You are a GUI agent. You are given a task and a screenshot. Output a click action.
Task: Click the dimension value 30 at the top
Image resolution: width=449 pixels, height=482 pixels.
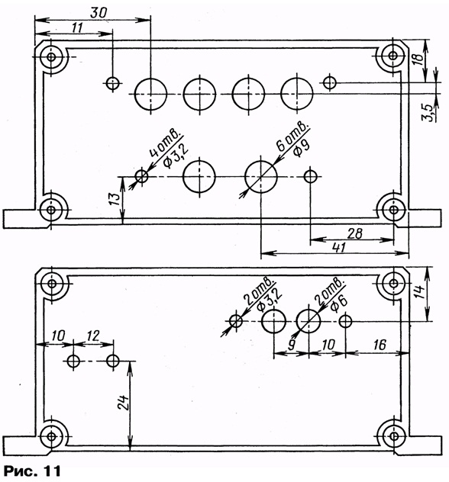pyautogui.click(x=99, y=13)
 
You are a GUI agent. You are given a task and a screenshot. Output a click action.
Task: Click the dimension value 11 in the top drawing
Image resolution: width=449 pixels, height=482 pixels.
pyautogui.click(x=77, y=27)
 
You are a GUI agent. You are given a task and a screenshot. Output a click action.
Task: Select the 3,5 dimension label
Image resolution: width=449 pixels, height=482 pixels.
pyautogui.click(x=431, y=113)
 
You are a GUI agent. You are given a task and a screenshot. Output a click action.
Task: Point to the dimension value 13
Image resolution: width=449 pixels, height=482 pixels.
pyautogui.click(x=115, y=200)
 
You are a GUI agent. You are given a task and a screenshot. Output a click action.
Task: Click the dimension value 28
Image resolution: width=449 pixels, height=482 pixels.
pyautogui.click(x=354, y=233)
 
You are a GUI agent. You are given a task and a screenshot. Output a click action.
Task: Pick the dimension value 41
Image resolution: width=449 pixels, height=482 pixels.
pyautogui.click(x=339, y=247)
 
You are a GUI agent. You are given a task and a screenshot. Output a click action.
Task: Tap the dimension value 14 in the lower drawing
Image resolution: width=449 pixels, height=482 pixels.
pyautogui.click(x=419, y=291)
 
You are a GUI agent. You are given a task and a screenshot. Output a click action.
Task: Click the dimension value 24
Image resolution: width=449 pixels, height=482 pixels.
pyautogui.click(x=124, y=403)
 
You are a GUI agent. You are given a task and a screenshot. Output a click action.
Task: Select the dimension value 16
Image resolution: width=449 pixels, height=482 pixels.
pyautogui.click(x=379, y=345)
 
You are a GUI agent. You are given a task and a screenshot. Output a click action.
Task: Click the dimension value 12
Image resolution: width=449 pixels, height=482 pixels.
pyautogui.click(x=92, y=336)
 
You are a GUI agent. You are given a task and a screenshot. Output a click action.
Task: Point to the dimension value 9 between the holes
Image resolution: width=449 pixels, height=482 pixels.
pyautogui.click(x=292, y=345)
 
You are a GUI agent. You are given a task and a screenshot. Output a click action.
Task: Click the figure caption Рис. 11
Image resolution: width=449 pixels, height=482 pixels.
pyautogui.click(x=32, y=471)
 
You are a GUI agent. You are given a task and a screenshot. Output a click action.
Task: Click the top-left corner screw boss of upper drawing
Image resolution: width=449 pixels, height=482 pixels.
pyautogui.click(x=51, y=57)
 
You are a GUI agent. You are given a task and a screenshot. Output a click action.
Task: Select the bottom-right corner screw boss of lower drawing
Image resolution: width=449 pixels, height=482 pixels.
pyautogui.click(x=394, y=436)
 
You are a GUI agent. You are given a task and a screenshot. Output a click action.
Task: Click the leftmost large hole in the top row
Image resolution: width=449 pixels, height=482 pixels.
pyautogui.click(x=150, y=94)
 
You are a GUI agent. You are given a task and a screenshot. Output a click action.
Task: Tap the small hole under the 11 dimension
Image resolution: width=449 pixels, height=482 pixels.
pyautogui.click(x=113, y=83)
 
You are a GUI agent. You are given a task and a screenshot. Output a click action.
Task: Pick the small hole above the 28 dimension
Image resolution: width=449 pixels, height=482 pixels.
pyautogui.click(x=310, y=177)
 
